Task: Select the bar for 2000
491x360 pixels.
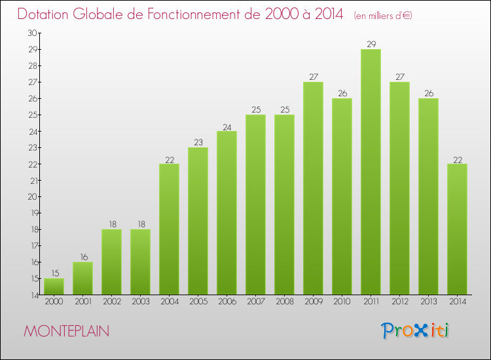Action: [x=54, y=286]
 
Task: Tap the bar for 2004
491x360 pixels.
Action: [x=169, y=229]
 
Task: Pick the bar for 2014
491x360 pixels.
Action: [x=457, y=229]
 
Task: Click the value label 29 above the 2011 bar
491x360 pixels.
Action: [x=371, y=45]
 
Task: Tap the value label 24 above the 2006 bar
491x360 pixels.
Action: [x=227, y=126]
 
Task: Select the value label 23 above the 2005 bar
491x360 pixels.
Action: [x=198, y=143]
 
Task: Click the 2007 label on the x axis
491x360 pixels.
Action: [x=255, y=301]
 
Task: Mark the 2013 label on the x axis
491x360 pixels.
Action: [x=428, y=301]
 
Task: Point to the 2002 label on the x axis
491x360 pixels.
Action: [x=111, y=301]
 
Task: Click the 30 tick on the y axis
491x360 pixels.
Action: [x=32, y=33]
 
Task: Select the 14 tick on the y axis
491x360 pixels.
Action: [x=32, y=295]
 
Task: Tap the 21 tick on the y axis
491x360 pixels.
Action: [x=32, y=180]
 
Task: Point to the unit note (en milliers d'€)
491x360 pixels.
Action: [x=383, y=15]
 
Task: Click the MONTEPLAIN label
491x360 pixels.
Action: [x=67, y=331]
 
